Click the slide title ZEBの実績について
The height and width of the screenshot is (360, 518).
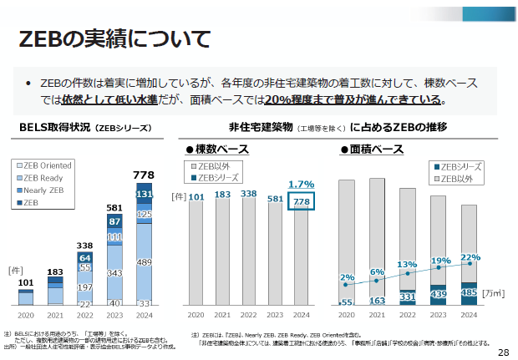click(x=114, y=38)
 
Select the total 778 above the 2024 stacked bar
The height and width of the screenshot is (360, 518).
click(x=145, y=175)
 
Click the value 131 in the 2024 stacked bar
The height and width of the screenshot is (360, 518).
click(x=145, y=194)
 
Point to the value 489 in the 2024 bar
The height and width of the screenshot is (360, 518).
click(x=145, y=262)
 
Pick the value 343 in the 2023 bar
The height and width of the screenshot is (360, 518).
click(x=114, y=274)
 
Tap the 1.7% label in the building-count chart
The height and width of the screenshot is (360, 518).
click(x=301, y=184)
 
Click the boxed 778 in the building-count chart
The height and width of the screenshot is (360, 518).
click(x=301, y=201)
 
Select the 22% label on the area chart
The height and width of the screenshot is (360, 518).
click(x=470, y=257)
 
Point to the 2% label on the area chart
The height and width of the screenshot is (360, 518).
click(x=348, y=277)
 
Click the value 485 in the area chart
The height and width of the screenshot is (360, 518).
click(x=470, y=293)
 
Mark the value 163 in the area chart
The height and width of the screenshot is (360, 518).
click(x=378, y=300)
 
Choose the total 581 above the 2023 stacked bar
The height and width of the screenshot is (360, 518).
click(x=114, y=207)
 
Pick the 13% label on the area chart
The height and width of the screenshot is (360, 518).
click(x=407, y=265)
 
